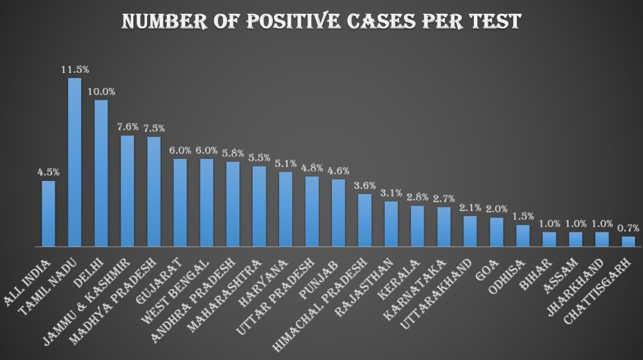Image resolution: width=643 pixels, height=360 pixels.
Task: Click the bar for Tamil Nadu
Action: tap(74, 162)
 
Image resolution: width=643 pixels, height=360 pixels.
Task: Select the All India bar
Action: tap(48, 214)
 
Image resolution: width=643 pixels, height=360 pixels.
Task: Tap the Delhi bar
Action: tap(101, 173)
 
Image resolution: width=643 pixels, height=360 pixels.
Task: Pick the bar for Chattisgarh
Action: tap(628, 241)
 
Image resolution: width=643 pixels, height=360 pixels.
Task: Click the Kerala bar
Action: tap(417, 226)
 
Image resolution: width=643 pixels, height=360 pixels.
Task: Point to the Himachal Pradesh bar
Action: tap(365, 220)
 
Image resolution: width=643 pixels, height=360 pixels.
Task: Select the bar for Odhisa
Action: tap(523, 236)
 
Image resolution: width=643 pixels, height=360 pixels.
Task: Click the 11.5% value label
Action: tap(74, 69)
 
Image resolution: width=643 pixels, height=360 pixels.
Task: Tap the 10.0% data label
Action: tap(101, 91)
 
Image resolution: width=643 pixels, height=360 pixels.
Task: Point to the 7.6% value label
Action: tap(128, 126)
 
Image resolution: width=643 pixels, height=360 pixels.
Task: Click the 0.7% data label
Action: tap(628, 227)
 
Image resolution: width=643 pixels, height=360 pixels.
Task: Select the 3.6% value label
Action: tap(365, 185)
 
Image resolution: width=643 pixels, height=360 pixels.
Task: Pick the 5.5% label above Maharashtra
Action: tap(259, 157)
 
